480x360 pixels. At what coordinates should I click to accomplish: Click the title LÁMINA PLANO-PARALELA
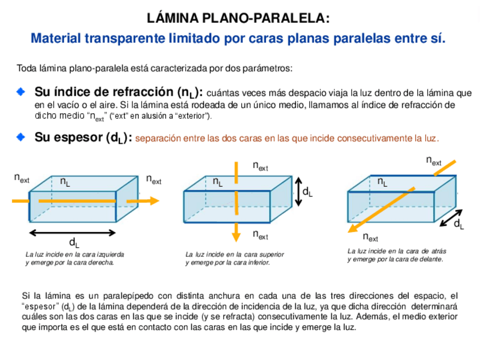coord(238,18)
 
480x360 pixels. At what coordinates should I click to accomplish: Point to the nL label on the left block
coord(66,182)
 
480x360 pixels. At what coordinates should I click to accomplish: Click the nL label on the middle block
coord(217,182)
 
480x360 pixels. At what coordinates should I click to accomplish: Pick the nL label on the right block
coord(383,182)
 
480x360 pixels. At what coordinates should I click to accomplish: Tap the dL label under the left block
coord(74,243)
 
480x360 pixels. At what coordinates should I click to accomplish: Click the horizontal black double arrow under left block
coord(74,232)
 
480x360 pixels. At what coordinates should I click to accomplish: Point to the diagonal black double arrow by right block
coord(451,217)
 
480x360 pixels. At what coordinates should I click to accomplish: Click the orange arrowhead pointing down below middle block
coord(237,235)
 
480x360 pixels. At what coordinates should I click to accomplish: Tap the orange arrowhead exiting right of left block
coord(154,200)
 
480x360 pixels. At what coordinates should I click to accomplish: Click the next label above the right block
coord(434,161)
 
